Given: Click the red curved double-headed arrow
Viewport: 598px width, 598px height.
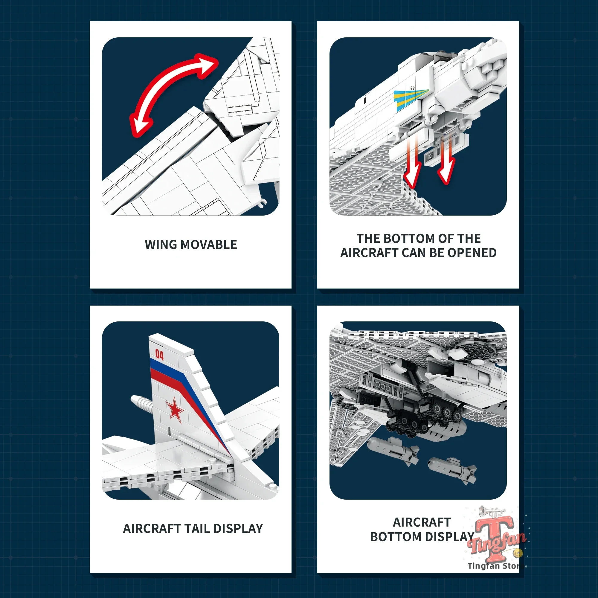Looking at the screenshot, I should pyautogui.click(x=167, y=80).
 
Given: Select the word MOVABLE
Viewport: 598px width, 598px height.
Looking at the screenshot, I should pyautogui.click(x=209, y=245).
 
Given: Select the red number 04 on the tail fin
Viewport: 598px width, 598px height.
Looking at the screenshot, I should pyautogui.click(x=159, y=355).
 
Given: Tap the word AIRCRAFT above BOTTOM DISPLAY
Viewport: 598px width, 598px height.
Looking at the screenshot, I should pyautogui.click(x=422, y=522).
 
